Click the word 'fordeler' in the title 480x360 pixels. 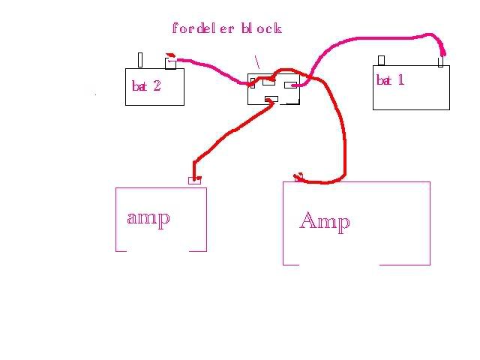pos(204,28)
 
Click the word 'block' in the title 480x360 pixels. pos(261,28)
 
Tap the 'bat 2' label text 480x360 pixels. pos(146,85)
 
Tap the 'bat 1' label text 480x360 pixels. pos(390,79)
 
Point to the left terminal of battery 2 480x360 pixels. pos(139,60)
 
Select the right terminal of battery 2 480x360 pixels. pos(170,63)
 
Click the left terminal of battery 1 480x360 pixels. pos(381,60)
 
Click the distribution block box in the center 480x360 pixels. pos(274,88)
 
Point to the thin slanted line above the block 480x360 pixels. pos(257,61)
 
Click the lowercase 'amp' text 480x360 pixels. pos(148,217)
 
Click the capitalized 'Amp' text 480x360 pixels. pos(324,220)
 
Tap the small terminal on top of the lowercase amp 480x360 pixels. pos(194,180)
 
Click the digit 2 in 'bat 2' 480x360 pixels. pos(156,85)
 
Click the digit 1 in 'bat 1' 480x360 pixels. pos(400,79)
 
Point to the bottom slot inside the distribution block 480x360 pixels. pos(272,99)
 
